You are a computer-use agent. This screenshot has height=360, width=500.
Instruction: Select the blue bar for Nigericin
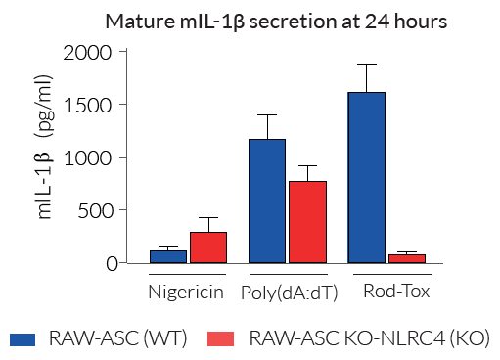point(167,256)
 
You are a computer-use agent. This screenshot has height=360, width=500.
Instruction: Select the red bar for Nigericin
point(207,247)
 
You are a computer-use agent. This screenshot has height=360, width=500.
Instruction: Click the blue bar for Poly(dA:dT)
point(267,201)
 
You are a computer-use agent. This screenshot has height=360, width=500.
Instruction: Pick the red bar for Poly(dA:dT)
point(307,222)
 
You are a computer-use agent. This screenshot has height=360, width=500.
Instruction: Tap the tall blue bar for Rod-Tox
point(367,177)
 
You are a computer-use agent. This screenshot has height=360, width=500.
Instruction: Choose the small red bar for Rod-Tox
point(407,258)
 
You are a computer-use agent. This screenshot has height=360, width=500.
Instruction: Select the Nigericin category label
point(186,292)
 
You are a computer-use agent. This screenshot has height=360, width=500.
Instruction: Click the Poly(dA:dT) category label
point(288,292)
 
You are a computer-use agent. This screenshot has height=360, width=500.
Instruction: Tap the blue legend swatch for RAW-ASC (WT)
point(23,339)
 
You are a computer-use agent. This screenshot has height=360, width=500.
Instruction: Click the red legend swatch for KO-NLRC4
point(222,339)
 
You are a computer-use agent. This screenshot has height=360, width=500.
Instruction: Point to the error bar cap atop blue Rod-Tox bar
point(367,65)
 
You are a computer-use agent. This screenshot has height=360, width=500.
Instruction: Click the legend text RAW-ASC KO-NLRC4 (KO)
point(370,339)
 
